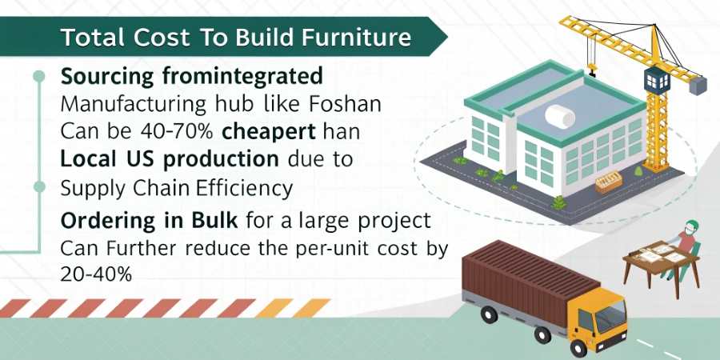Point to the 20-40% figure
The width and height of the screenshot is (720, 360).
point(96,273)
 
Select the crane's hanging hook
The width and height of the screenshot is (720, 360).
point(591,71)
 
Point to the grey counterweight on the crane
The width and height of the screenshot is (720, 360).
point(694,82)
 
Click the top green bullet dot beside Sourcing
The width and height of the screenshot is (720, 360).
point(37,77)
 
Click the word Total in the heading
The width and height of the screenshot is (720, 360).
point(87,38)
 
